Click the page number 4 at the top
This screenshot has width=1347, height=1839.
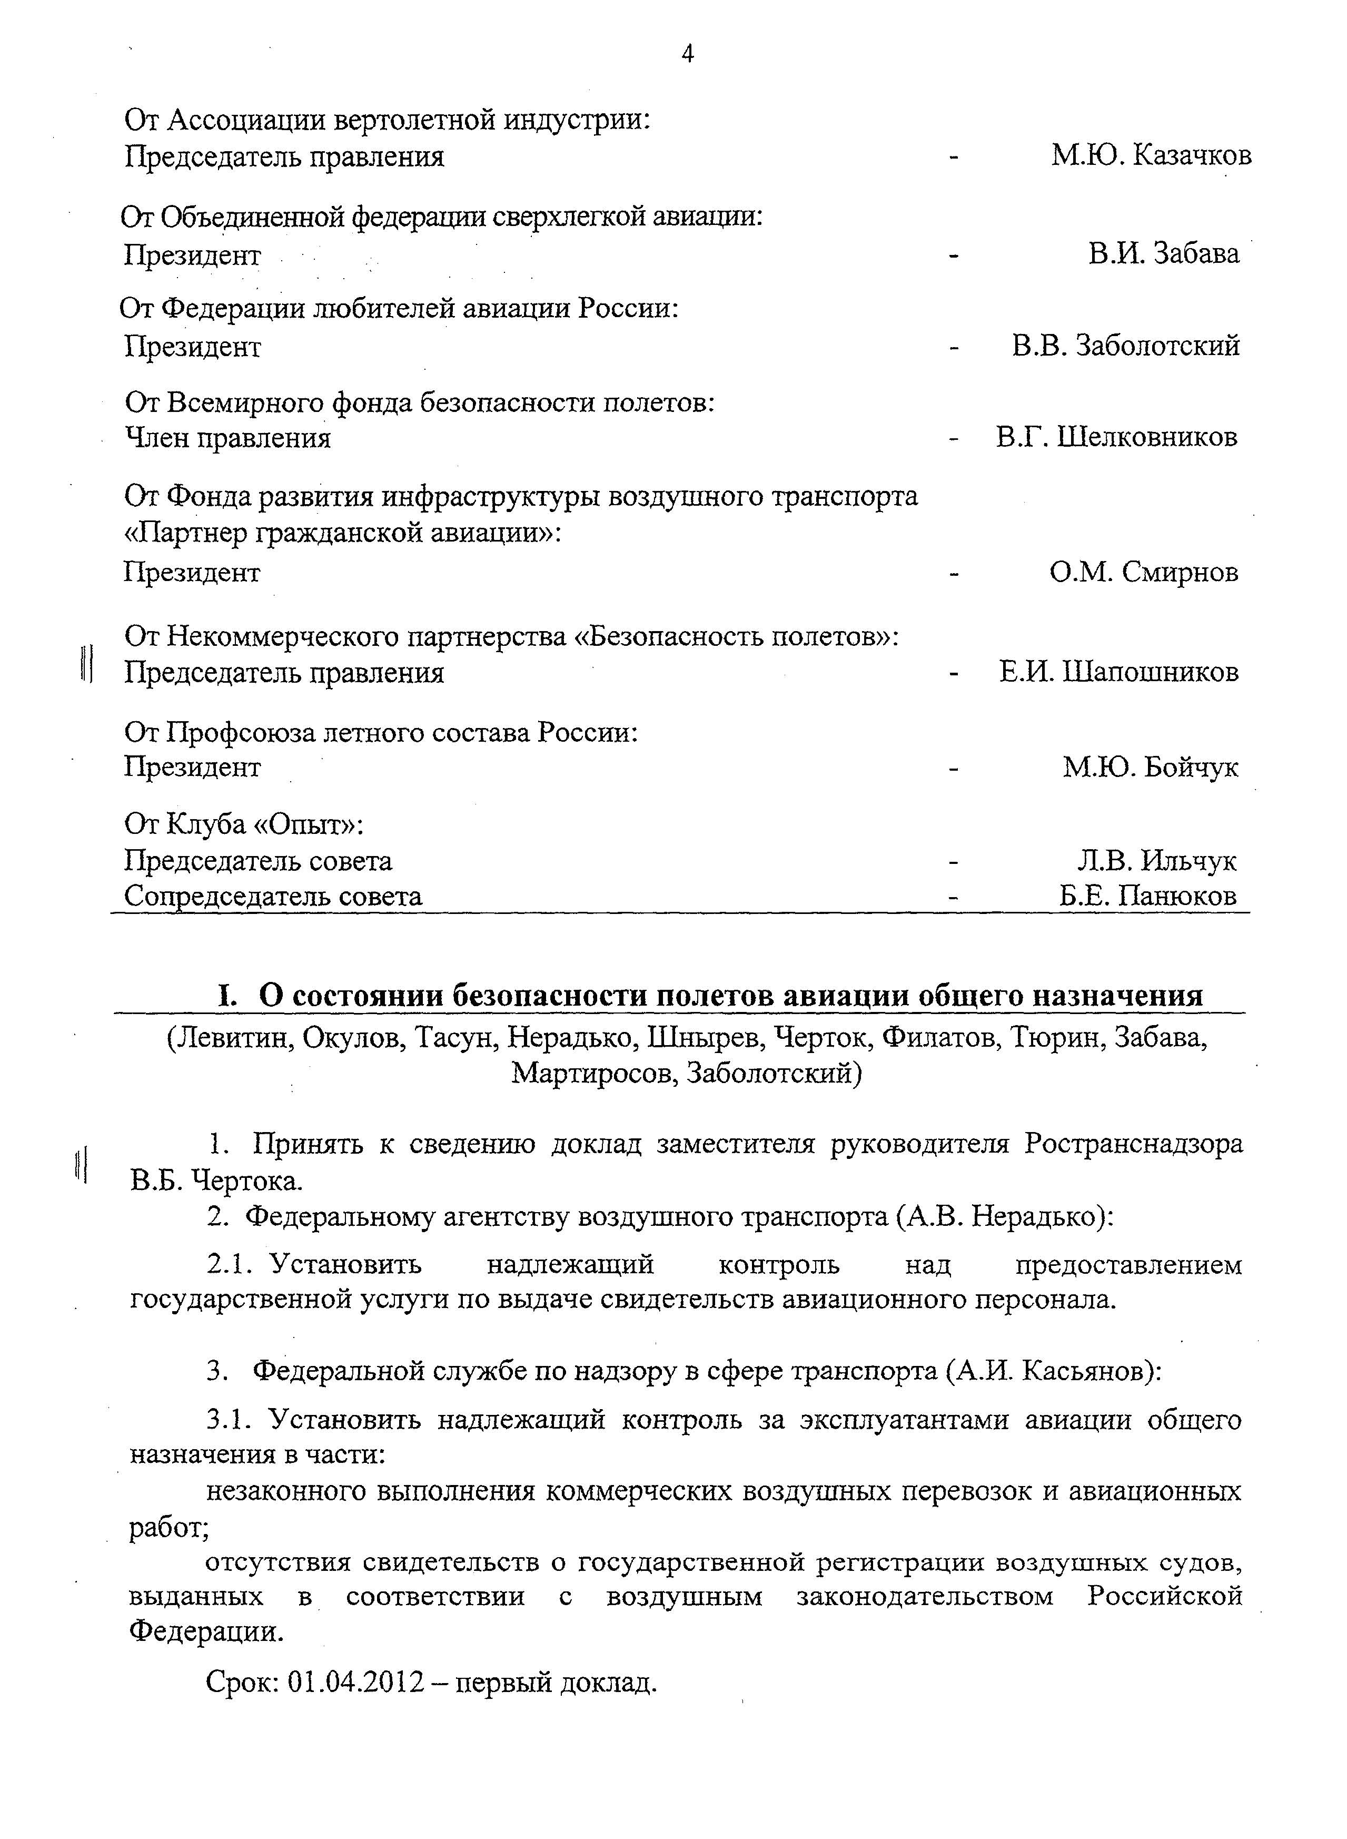click(x=687, y=55)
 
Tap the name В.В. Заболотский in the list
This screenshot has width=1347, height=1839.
click(x=1125, y=346)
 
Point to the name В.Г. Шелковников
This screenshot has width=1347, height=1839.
click(x=1116, y=438)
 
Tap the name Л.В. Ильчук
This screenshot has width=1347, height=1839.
click(x=1156, y=860)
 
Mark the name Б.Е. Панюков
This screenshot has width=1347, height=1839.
click(x=1148, y=896)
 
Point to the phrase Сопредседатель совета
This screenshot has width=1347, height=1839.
click(x=273, y=896)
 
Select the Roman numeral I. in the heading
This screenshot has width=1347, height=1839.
click(x=226, y=996)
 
